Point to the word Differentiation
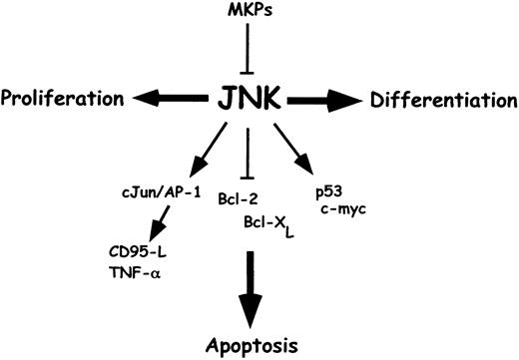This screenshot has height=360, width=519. click(x=442, y=100)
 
